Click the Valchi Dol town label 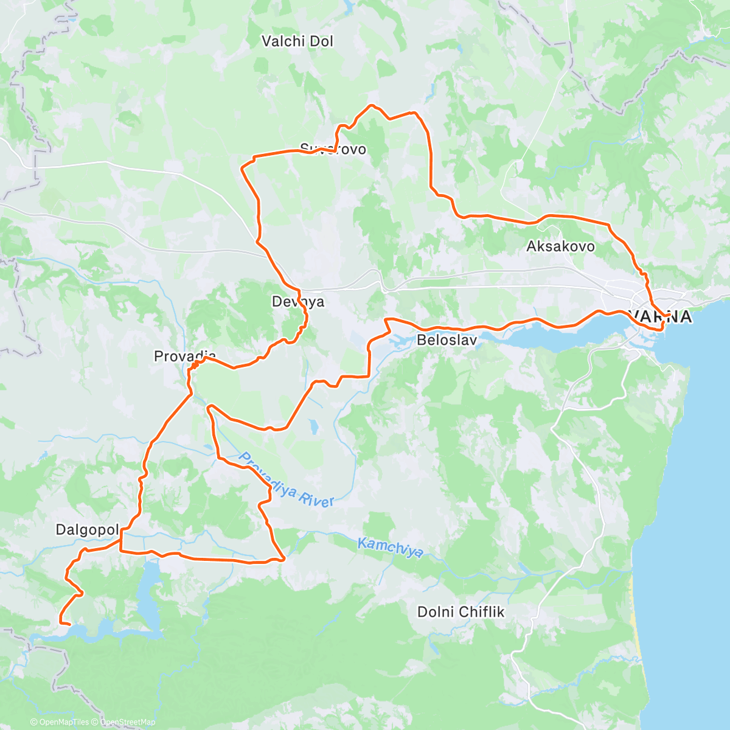pos(297,41)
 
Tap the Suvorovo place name pos(333,149)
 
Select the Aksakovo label pos(560,246)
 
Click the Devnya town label pos(298,302)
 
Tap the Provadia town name pos(184,356)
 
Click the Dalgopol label pos(87,529)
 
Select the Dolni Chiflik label pos(461,611)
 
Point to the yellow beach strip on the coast pos(636,633)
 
